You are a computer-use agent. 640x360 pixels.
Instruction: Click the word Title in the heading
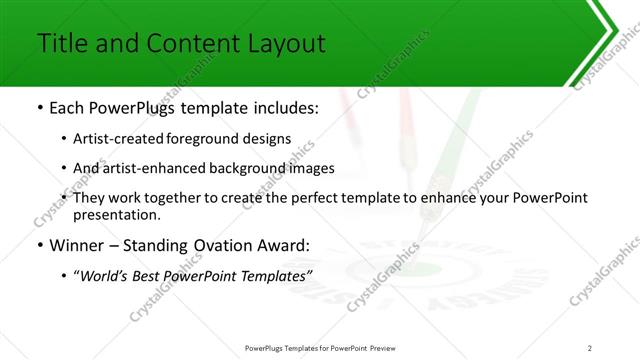tap(62, 44)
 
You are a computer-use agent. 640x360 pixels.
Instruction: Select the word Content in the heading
tap(186, 44)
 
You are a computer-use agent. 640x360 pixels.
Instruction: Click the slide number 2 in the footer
tap(590, 347)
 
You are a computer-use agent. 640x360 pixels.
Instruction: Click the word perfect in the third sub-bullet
tap(311, 197)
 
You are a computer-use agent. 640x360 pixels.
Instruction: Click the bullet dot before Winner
tap(39, 246)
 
